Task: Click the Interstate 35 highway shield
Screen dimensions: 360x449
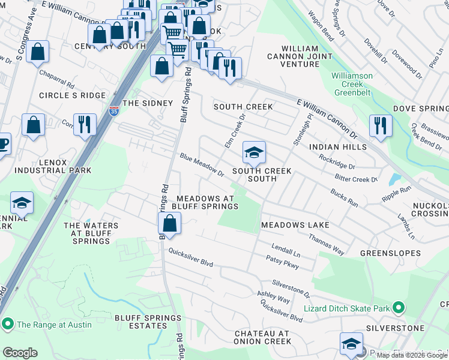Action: [x=114, y=110]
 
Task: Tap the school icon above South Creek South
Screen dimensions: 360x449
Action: [x=254, y=154]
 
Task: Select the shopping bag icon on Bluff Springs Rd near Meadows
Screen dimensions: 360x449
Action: [x=170, y=224]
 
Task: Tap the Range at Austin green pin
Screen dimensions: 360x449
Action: [x=8, y=325]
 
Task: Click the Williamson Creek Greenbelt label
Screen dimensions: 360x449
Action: [x=353, y=85]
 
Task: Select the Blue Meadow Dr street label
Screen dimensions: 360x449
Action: [x=201, y=165]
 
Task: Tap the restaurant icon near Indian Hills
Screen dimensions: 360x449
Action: [x=381, y=125]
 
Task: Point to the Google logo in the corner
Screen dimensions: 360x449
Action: [x=20, y=353]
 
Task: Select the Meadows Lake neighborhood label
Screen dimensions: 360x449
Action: [x=295, y=225]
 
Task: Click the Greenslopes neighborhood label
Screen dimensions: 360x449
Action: [x=390, y=253]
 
